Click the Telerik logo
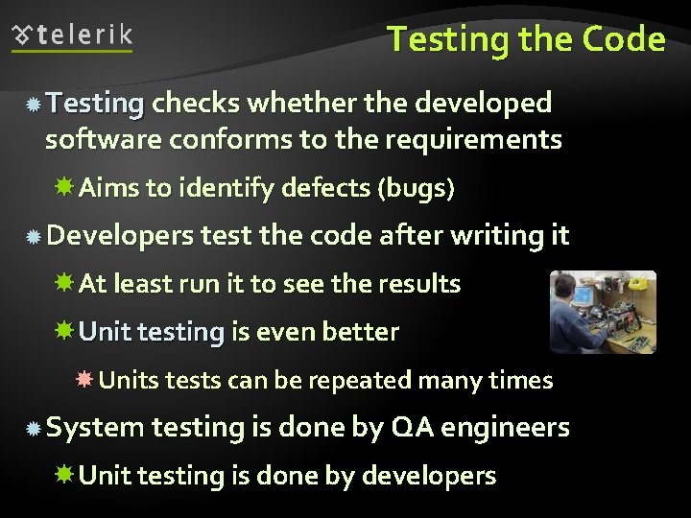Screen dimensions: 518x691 pos(73,36)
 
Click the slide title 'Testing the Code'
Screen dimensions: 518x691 pos(526,39)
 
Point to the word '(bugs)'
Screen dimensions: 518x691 pos(417,188)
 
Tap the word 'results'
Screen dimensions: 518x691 pos(423,284)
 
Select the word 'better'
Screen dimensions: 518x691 pos(361,332)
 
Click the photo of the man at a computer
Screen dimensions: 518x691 pos(603,311)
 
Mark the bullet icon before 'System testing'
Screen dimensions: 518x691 pos(33,429)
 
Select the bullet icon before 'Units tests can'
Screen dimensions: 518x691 pos(84,381)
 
